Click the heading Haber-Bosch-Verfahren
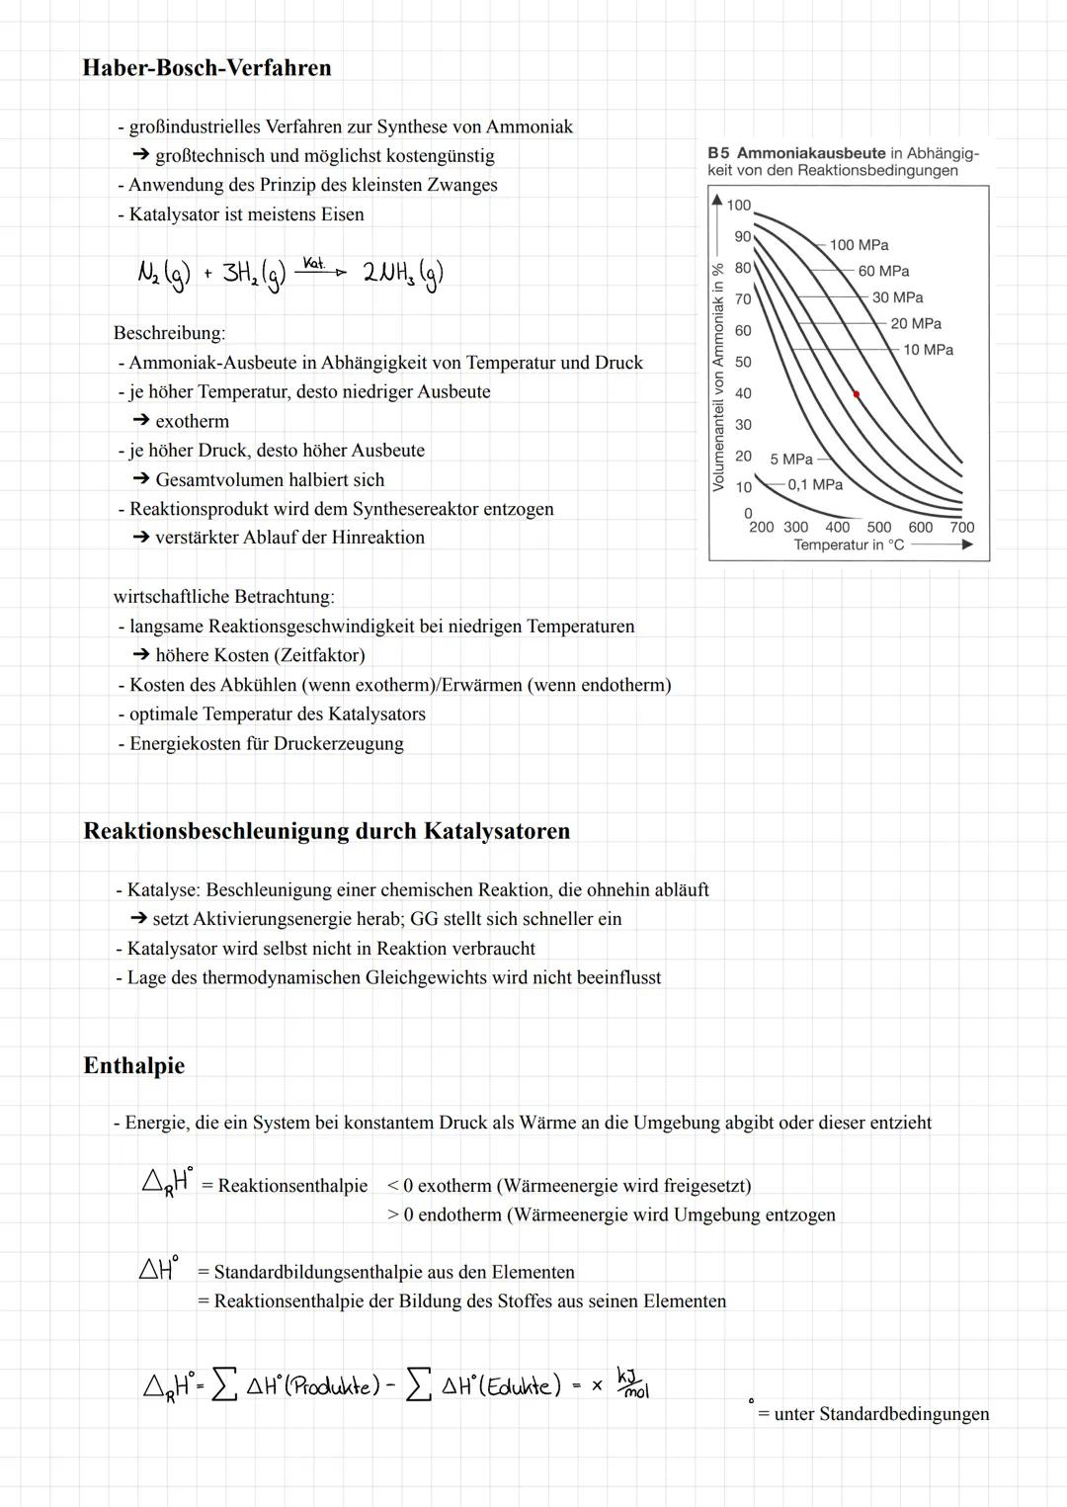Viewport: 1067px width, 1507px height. (x=206, y=68)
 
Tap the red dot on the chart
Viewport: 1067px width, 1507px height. (x=857, y=394)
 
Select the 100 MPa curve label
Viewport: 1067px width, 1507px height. (x=859, y=245)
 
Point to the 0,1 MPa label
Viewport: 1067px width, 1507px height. (x=815, y=484)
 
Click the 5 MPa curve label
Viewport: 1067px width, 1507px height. (x=791, y=460)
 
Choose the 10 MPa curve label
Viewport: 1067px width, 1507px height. (x=928, y=350)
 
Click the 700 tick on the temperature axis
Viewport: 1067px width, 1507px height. (x=961, y=528)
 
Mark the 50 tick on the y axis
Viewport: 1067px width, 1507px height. (x=743, y=362)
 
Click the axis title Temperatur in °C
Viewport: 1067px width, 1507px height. (x=849, y=545)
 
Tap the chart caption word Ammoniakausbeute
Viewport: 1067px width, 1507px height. (x=810, y=153)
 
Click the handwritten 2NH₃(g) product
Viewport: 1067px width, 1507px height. (x=402, y=274)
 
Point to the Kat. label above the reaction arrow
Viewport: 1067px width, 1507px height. (x=313, y=263)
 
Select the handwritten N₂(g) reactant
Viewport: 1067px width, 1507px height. (x=163, y=273)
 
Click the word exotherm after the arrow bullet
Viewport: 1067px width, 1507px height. (x=192, y=421)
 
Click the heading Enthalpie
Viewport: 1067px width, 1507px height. (x=134, y=1065)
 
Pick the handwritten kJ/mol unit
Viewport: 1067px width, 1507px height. (x=632, y=1382)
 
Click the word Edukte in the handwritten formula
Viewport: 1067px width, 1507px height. (x=524, y=1386)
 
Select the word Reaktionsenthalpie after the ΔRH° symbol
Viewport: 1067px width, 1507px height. (x=292, y=1186)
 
